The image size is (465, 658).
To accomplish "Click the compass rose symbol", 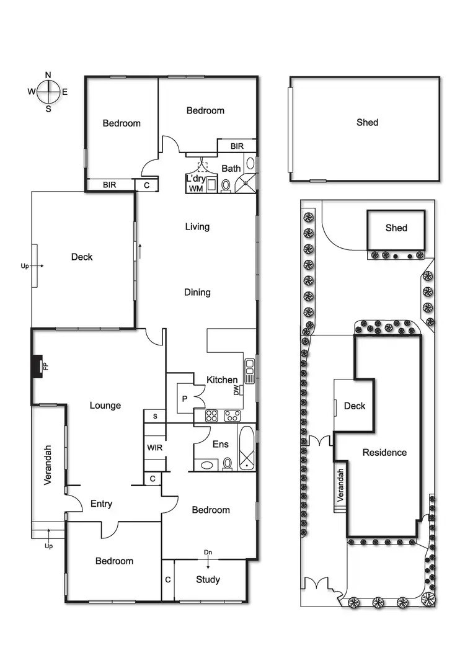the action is [48, 92].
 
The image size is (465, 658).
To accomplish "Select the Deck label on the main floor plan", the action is [81, 257].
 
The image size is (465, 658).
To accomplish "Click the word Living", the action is [197, 227].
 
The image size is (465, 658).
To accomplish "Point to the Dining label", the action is [197, 292].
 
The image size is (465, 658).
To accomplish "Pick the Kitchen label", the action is [222, 380].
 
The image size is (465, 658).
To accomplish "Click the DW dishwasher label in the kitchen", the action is [236, 390].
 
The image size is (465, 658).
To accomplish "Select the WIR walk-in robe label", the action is [154, 447].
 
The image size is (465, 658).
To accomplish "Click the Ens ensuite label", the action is [221, 444].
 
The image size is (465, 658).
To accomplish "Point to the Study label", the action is [208, 580].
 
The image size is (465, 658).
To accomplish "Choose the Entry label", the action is [101, 504].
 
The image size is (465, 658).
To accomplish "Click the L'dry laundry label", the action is [196, 179].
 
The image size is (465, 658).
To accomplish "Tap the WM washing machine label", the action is [196, 188].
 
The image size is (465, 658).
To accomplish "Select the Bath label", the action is [231, 168].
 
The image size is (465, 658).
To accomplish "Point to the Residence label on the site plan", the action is [384, 453].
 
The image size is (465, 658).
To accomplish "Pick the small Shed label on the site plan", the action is [396, 228].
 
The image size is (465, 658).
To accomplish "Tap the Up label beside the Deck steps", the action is [25, 265].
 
